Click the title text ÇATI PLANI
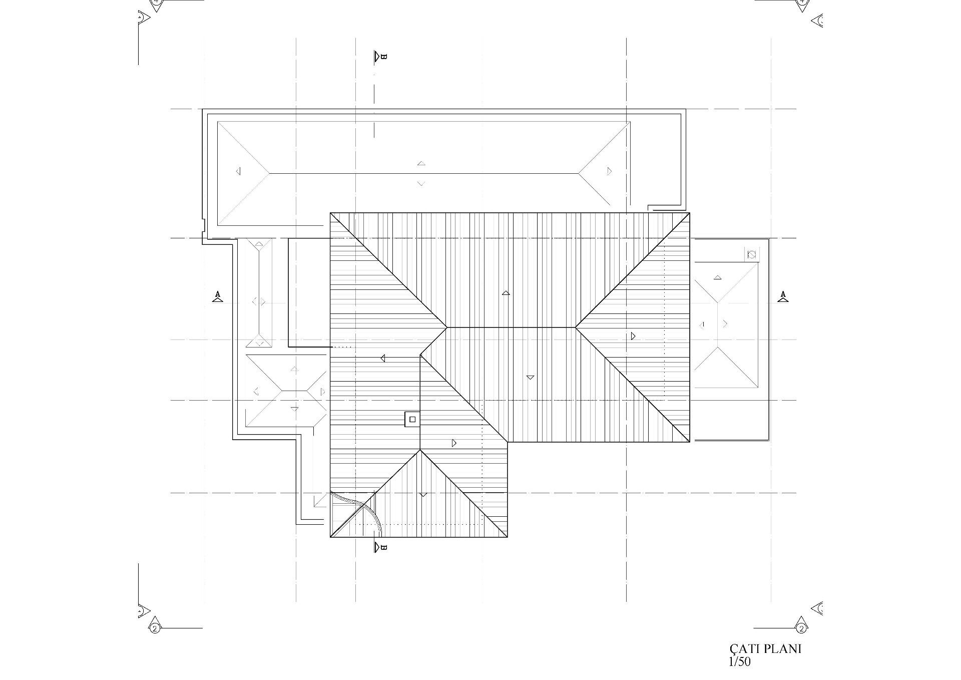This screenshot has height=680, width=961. pos(765,649)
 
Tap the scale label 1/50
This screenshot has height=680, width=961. pos(740,662)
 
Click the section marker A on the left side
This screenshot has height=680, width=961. pos(217,296)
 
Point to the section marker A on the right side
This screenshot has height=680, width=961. pos(783,296)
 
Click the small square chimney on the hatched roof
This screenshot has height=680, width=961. pos(412,419)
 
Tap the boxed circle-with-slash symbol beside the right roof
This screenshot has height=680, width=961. pos(751,255)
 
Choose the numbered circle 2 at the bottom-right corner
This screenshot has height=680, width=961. pos(801,628)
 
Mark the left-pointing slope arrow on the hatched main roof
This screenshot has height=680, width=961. pos(383,358)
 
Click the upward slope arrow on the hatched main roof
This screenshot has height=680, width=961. pos(506,293)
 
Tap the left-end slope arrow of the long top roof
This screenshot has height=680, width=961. pos(238,171)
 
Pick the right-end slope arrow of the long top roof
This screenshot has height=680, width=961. pos(609,171)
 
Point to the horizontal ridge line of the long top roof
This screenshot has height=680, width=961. pos(424,173)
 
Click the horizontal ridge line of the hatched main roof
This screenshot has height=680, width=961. pos(511,327)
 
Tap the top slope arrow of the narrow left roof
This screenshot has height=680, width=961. pos(259,245)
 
